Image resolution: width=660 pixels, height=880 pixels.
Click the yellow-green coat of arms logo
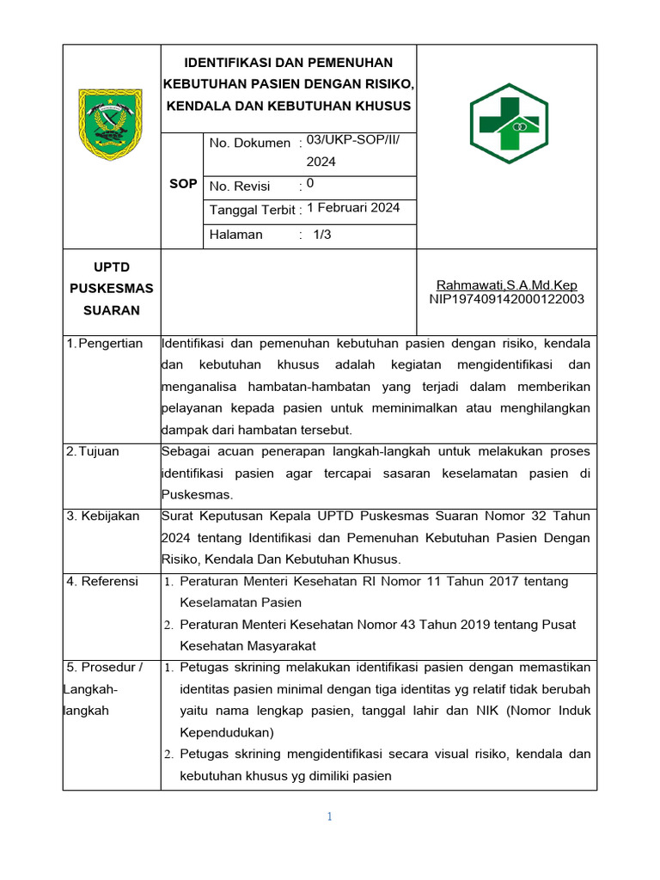pyautogui.click(x=111, y=124)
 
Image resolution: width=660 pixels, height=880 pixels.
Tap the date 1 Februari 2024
pyautogui.click(x=353, y=208)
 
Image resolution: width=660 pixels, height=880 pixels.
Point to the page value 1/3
pyautogui.click(x=322, y=235)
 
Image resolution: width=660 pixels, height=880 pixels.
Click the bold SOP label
pyautogui.click(x=183, y=184)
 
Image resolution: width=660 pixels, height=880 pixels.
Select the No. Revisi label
pyautogui.click(x=240, y=186)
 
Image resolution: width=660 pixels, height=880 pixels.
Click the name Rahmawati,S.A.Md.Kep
pyautogui.click(x=506, y=285)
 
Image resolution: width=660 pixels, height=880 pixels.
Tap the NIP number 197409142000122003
pyautogui.click(x=506, y=299)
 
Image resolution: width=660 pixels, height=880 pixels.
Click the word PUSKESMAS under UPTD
pyautogui.click(x=111, y=288)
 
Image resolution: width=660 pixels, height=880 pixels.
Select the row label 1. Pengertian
pyautogui.click(x=105, y=344)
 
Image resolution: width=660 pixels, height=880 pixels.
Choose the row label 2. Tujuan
pyautogui.click(x=93, y=451)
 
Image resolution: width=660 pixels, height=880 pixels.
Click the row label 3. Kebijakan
pyautogui.click(x=102, y=516)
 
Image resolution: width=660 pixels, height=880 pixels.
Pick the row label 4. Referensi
pyautogui.click(x=102, y=582)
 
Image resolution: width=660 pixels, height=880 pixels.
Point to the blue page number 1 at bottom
pyautogui.click(x=329, y=817)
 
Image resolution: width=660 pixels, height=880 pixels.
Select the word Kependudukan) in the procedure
pyautogui.click(x=226, y=733)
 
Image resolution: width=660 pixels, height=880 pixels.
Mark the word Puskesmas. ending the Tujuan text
pyautogui.click(x=197, y=494)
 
